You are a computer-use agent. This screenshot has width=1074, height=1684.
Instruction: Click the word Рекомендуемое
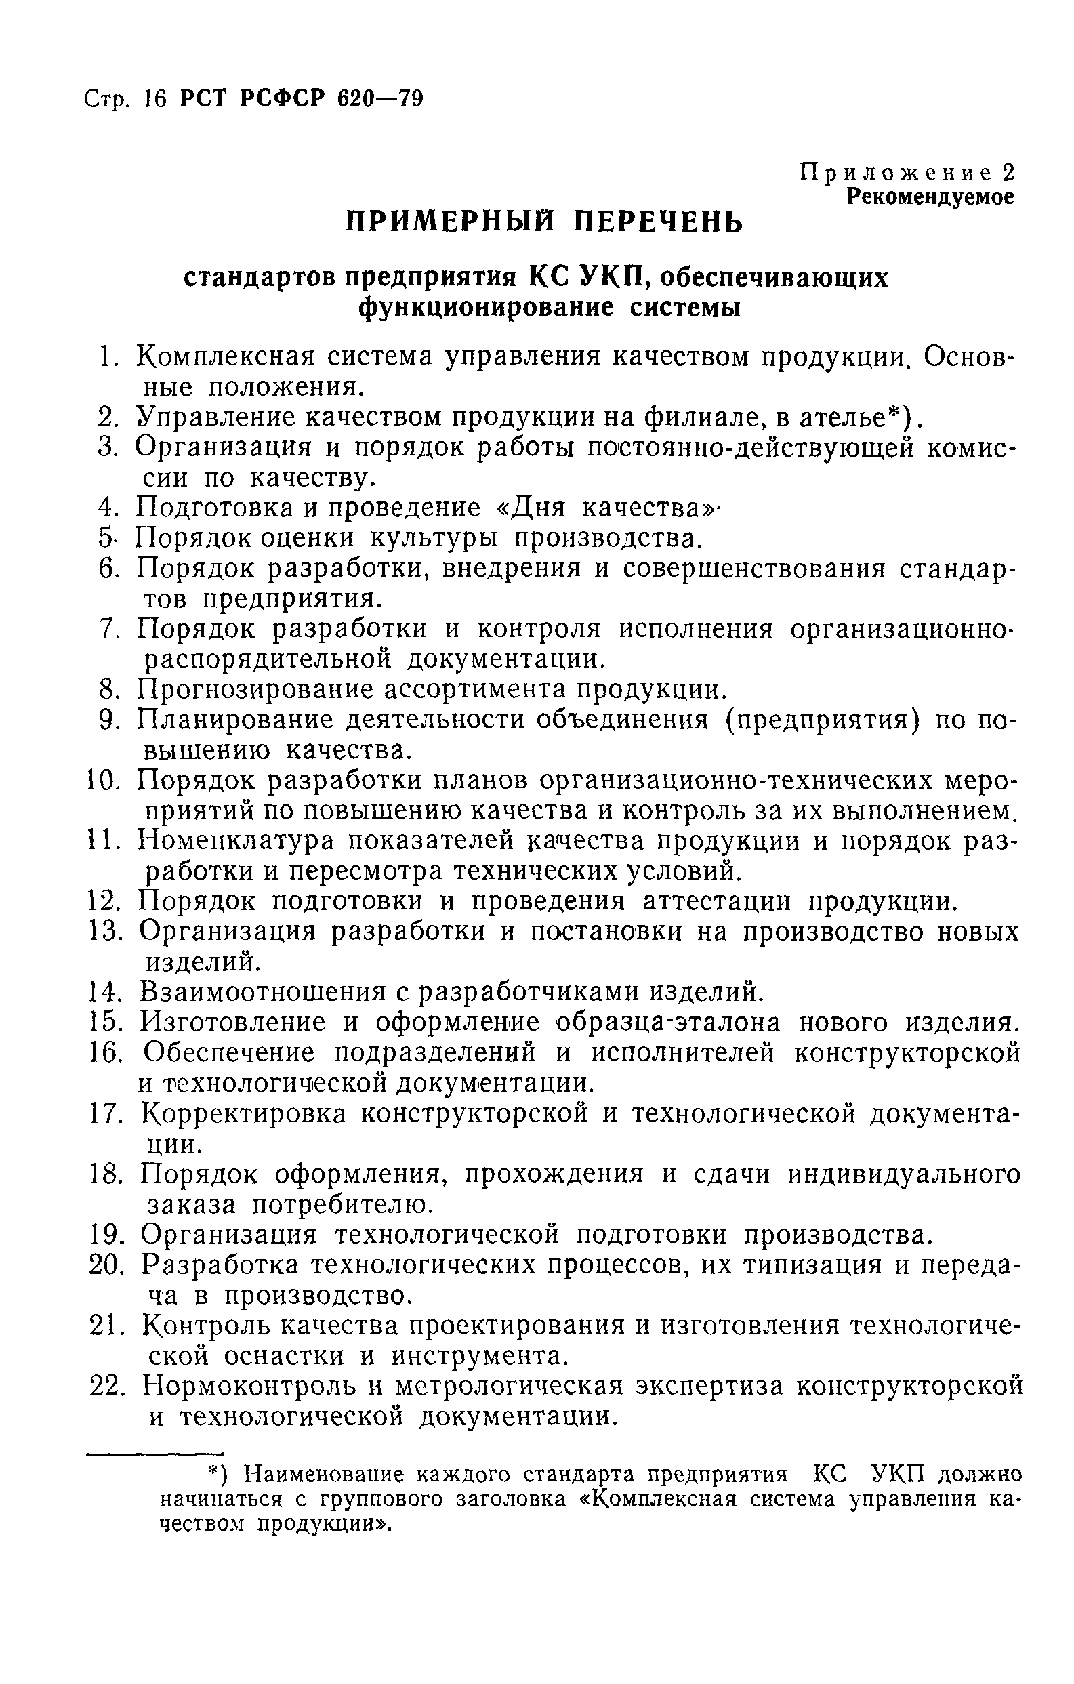click(x=929, y=197)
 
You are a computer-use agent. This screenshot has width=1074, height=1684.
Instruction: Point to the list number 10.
click(x=104, y=781)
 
